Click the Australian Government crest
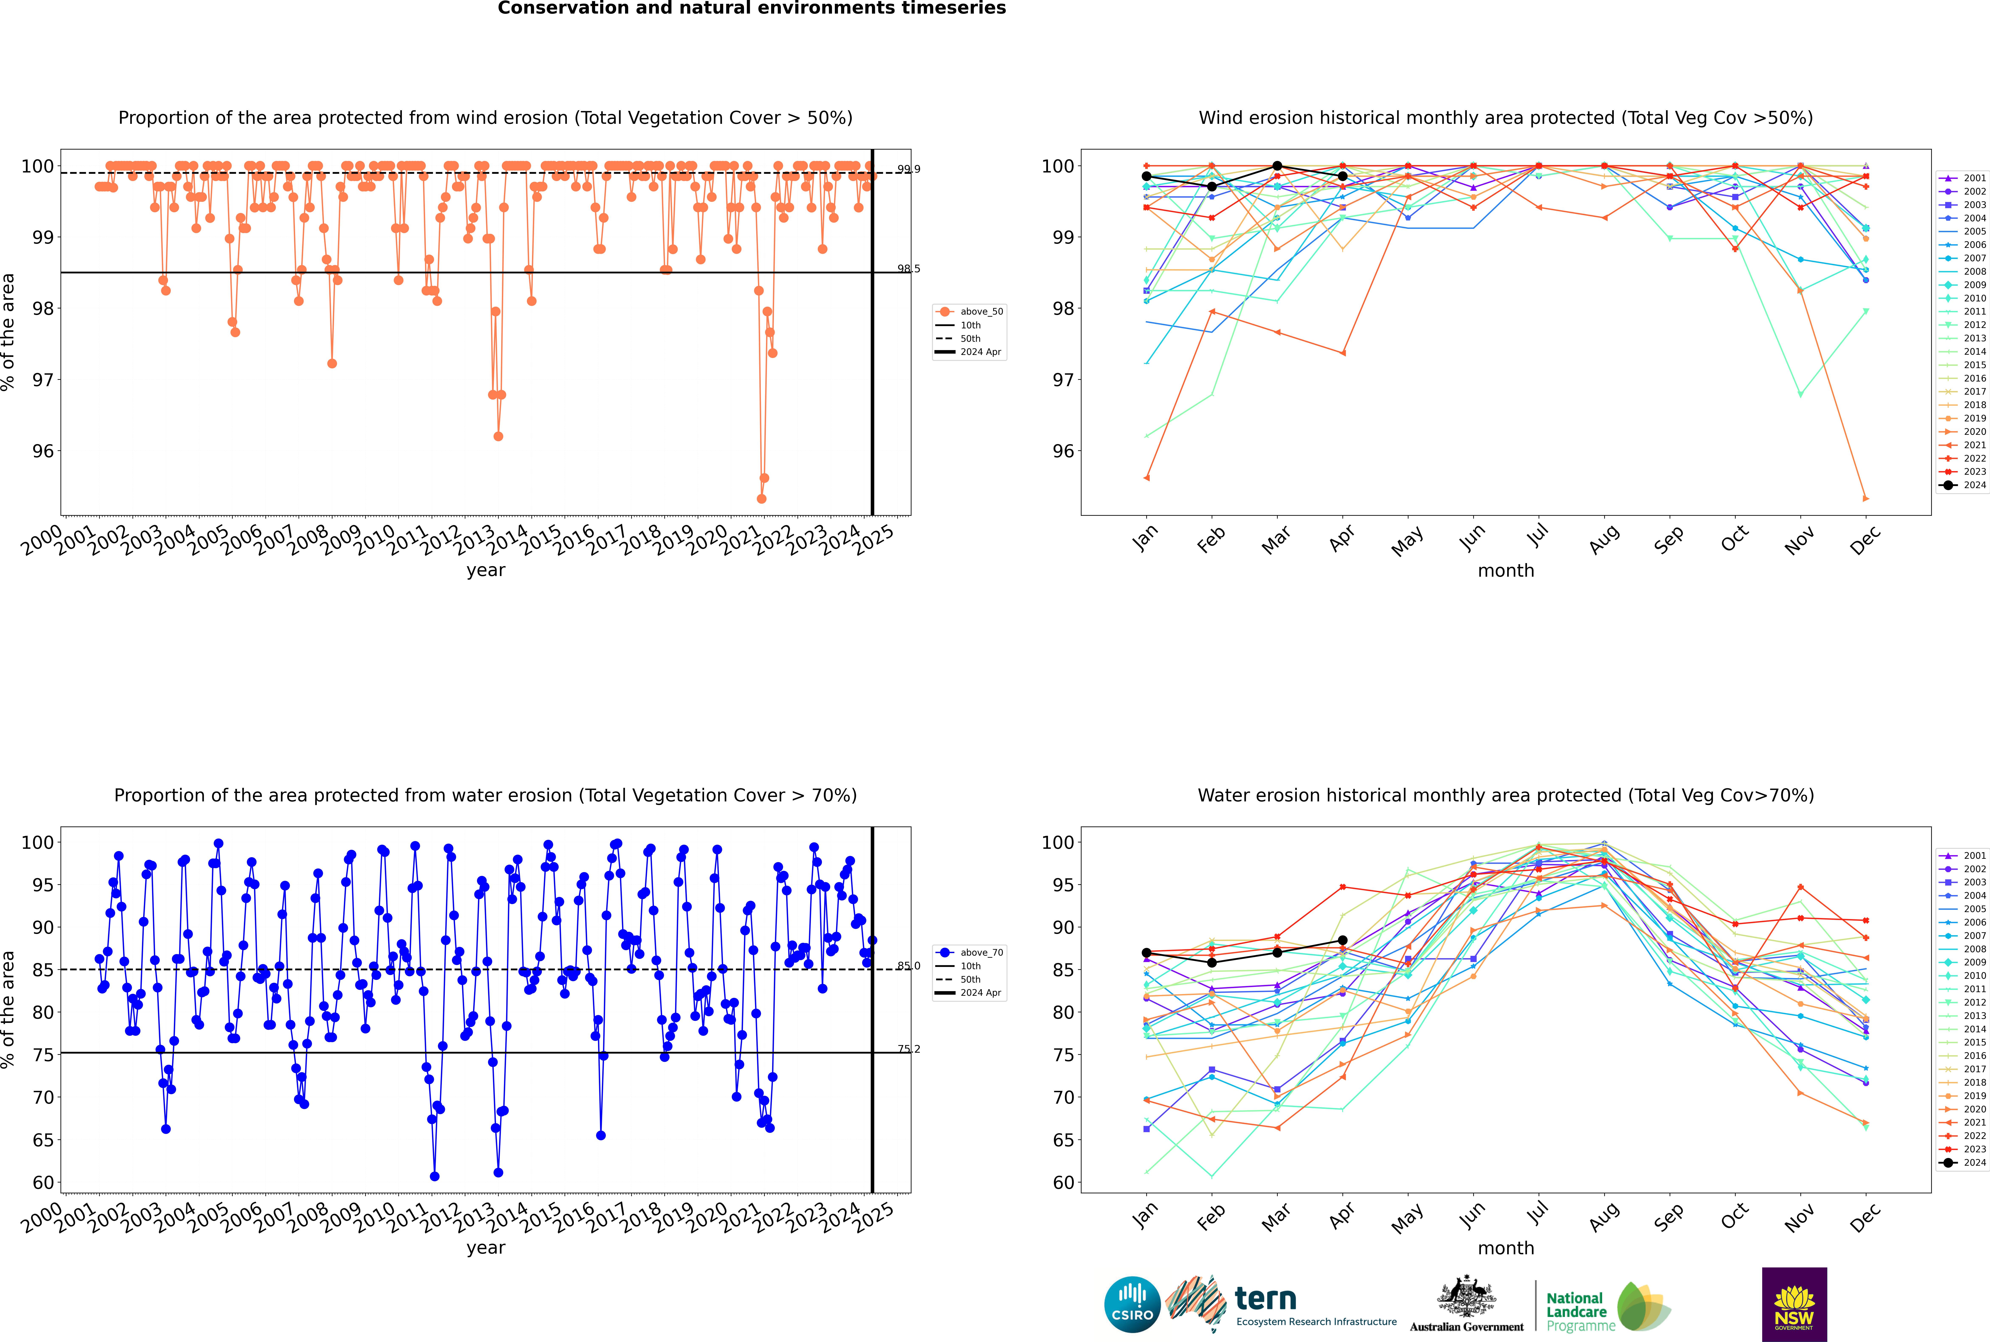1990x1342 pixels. point(1466,1297)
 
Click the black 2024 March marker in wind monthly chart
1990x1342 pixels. point(1277,166)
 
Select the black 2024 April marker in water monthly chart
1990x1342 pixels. point(1342,941)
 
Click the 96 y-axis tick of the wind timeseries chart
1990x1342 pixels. point(43,451)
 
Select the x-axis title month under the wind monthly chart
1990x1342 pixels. point(1506,571)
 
